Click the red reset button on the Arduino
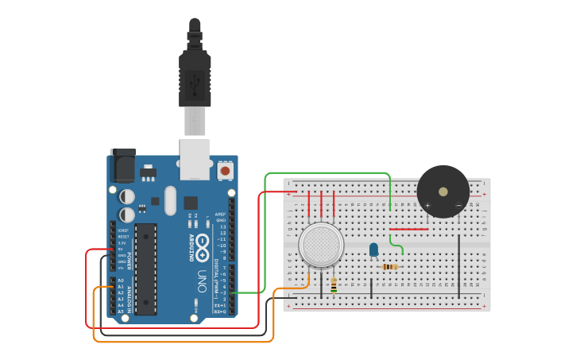[225, 170]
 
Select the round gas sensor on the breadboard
[321, 244]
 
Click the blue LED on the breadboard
[373, 250]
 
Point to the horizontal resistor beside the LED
[390, 267]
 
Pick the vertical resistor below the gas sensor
[334, 285]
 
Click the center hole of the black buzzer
[443, 191]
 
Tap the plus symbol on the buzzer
[427, 206]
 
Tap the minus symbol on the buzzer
[458, 206]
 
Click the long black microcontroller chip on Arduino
[145, 269]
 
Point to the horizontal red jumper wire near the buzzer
[408, 230]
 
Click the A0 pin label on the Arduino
[121, 281]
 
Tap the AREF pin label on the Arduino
[221, 214]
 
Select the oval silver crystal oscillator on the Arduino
[170, 200]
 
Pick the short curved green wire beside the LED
[397, 246]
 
